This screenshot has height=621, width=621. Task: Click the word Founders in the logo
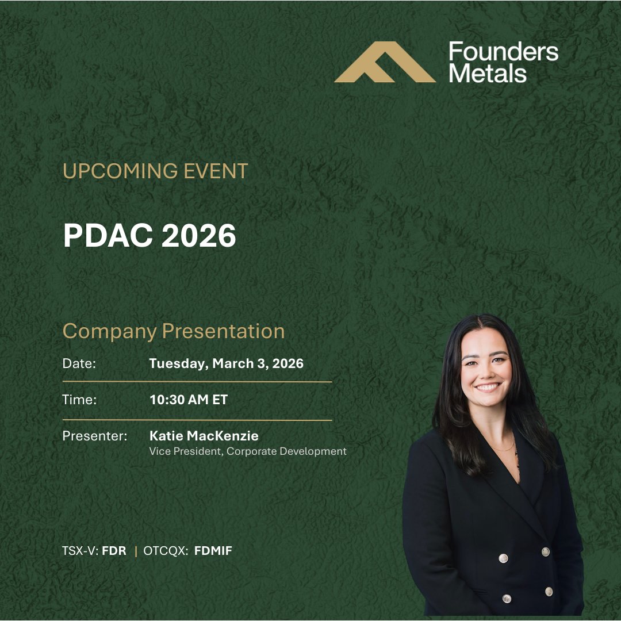pyautogui.click(x=503, y=52)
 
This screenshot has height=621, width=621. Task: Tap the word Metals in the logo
pyautogui.click(x=488, y=73)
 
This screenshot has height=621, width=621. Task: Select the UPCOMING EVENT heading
pyautogui.click(x=155, y=171)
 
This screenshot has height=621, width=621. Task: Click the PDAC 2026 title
pyautogui.click(x=149, y=235)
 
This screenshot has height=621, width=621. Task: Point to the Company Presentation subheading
pyautogui.click(x=174, y=331)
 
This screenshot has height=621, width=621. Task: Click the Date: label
pyautogui.click(x=79, y=364)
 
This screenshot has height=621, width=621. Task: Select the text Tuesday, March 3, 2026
pyautogui.click(x=226, y=364)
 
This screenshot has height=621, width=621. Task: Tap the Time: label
pyautogui.click(x=79, y=400)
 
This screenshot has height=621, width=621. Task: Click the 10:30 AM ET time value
pyautogui.click(x=189, y=400)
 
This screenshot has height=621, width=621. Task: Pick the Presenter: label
pyautogui.click(x=94, y=436)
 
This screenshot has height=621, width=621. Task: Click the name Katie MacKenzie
pyautogui.click(x=204, y=436)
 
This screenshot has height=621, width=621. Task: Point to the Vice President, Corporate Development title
pyautogui.click(x=248, y=451)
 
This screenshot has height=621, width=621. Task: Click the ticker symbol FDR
pyautogui.click(x=114, y=551)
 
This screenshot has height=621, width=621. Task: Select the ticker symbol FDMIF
pyautogui.click(x=213, y=551)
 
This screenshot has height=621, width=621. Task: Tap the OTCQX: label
pyautogui.click(x=166, y=551)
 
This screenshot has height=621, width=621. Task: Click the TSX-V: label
pyautogui.click(x=80, y=551)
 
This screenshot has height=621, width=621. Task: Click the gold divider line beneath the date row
pyautogui.click(x=197, y=381)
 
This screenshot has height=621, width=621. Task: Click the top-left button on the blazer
pyautogui.click(x=503, y=558)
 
